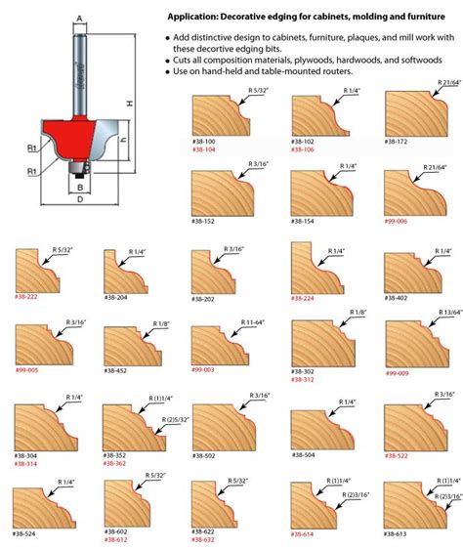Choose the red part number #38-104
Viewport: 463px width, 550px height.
point(205,149)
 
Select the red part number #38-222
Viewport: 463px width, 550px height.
point(27,296)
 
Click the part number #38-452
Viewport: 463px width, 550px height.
point(116,371)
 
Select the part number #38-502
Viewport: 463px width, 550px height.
point(204,455)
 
